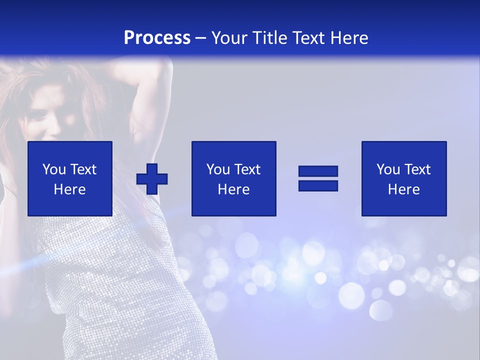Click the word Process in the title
(157, 38)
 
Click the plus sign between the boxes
(152, 178)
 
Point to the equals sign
(318, 178)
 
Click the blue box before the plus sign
(69, 178)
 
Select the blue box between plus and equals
(233, 178)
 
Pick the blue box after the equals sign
(403, 178)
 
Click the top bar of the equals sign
(318, 171)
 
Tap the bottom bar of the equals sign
(318, 185)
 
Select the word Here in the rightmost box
(403, 189)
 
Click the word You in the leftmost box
(53, 169)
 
